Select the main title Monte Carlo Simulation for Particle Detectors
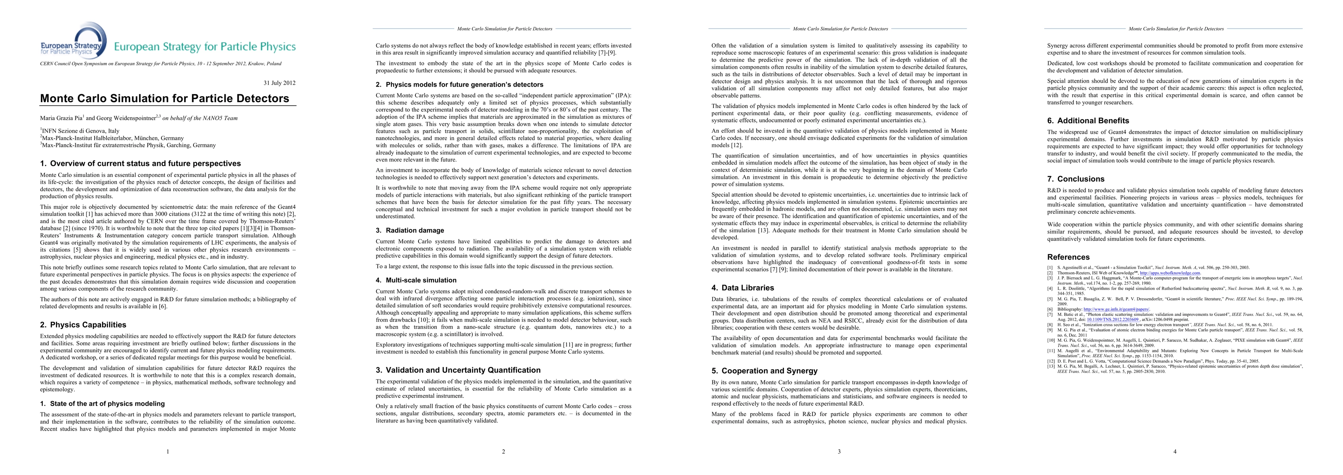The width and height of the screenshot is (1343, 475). point(165,99)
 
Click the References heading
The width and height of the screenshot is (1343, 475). point(1068,257)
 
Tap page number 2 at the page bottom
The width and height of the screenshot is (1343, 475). point(504,452)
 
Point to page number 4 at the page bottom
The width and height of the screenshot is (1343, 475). point(1175,452)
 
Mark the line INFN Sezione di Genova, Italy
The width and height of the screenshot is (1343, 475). point(81,131)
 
